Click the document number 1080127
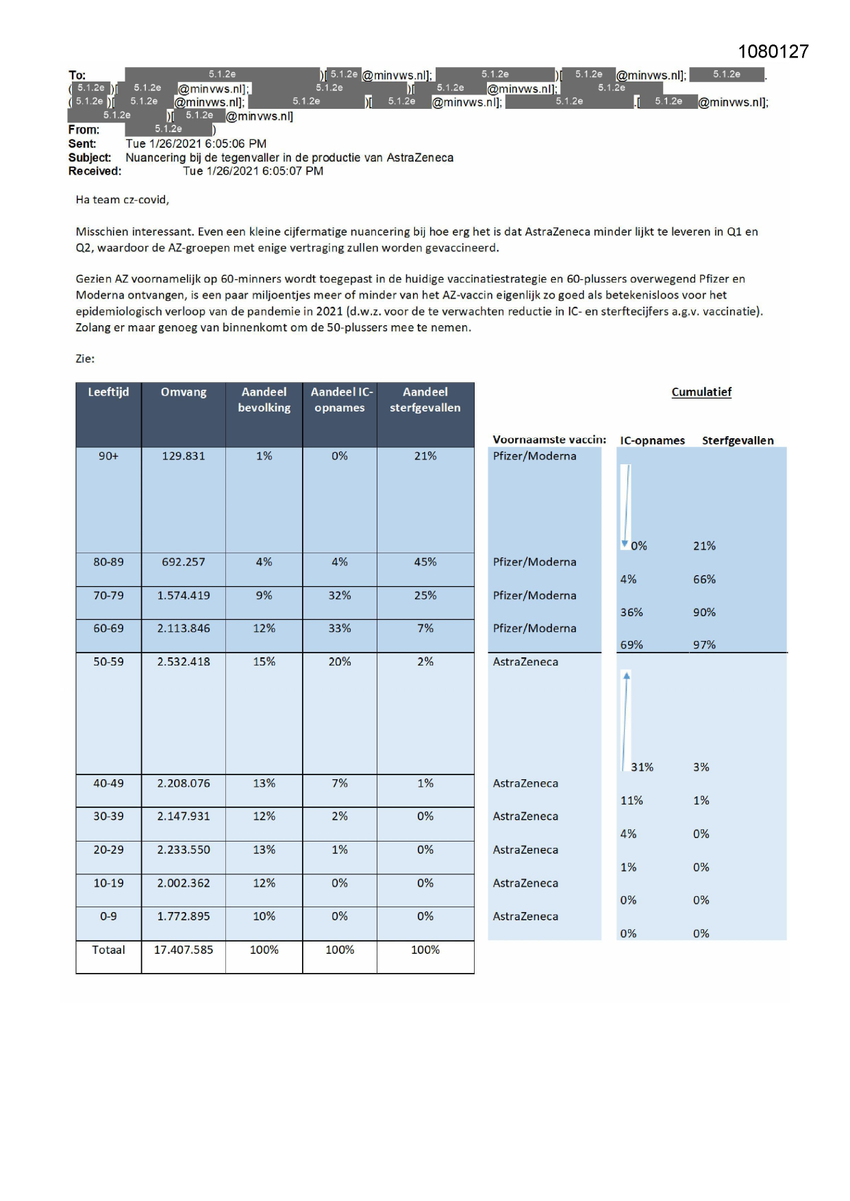[x=773, y=51]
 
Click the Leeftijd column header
[x=108, y=392]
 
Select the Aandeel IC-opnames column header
[x=340, y=400]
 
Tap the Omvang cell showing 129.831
[x=183, y=456]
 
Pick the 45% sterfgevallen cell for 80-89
[x=425, y=562]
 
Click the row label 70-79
[x=108, y=596]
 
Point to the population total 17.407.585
[x=183, y=950]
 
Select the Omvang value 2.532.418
[x=183, y=662]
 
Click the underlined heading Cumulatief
[x=701, y=392]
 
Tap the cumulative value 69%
[x=631, y=645]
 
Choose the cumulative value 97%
[x=703, y=645]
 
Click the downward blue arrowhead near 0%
[x=625, y=544]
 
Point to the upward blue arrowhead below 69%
[x=626, y=676]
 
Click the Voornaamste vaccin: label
[x=549, y=440]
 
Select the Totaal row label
[x=108, y=950]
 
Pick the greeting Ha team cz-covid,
[x=122, y=200]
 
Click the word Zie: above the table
[x=85, y=359]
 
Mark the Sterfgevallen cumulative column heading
[x=737, y=440]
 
